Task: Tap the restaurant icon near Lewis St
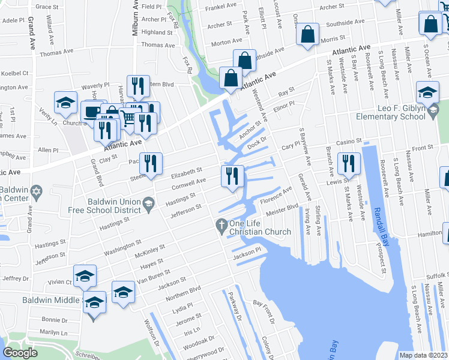click(348, 163)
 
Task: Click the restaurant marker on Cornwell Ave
click(232, 176)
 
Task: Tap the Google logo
click(20, 353)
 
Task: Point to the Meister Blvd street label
click(282, 209)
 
